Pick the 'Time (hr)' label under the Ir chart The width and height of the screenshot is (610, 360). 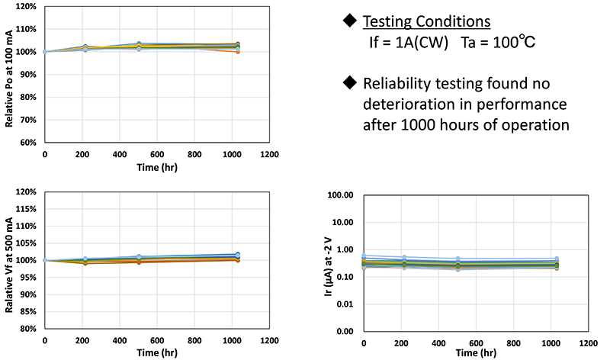[x=477, y=353]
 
